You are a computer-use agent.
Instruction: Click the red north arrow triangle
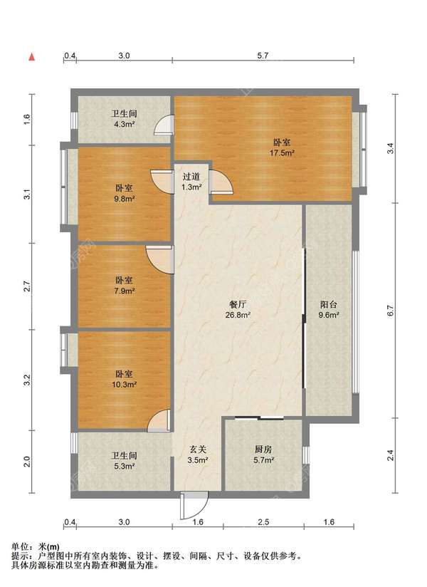[32, 57]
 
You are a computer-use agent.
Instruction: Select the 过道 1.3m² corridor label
[191, 182]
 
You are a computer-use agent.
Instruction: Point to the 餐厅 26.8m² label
[238, 310]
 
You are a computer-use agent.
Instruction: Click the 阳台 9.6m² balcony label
[329, 310]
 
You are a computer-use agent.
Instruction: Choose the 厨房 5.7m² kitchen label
[263, 454]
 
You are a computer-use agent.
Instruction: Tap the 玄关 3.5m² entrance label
[198, 454]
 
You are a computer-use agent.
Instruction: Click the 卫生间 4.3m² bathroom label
[124, 119]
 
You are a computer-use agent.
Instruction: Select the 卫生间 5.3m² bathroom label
[124, 461]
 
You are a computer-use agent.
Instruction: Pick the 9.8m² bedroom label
[124, 193]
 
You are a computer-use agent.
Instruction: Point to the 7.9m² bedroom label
[124, 285]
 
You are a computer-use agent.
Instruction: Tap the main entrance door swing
[194, 506]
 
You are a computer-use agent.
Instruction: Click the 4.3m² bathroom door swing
[164, 124]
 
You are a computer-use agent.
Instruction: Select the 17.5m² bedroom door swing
[221, 182]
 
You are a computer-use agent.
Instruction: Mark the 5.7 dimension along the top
[263, 56]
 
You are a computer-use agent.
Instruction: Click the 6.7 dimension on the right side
[391, 311]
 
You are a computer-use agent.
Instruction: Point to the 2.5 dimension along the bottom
[263, 521]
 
